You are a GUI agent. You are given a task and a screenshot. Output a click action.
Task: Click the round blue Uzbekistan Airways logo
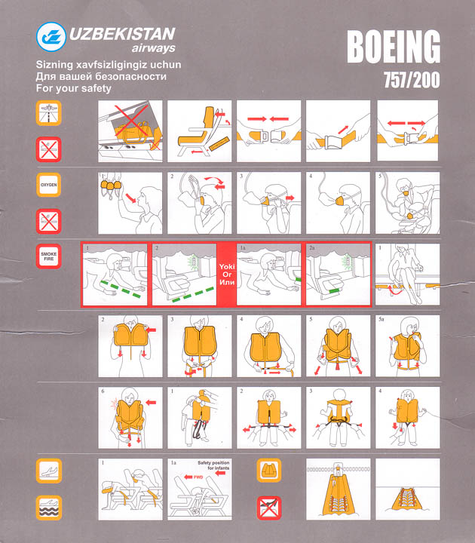(51, 37)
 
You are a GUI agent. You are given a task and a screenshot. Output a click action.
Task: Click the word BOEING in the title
(394, 47)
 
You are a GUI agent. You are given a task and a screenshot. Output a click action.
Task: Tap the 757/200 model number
(412, 80)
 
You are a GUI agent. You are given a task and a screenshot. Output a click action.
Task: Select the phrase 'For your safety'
(74, 88)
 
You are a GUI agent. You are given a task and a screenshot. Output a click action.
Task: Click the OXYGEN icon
(49, 185)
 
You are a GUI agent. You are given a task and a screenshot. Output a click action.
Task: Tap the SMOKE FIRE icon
(49, 256)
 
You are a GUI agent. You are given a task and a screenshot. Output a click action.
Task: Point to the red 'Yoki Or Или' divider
(227, 275)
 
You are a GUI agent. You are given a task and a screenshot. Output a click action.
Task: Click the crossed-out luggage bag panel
(130, 131)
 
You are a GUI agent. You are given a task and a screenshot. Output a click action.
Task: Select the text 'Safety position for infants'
(213, 465)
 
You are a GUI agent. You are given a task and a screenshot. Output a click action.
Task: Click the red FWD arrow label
(194, 477)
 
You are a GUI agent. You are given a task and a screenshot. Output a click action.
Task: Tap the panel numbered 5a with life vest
(407, 346)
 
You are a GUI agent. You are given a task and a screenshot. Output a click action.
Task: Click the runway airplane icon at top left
(49, 113)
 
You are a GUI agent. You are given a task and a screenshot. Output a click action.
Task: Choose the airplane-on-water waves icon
(49, 508)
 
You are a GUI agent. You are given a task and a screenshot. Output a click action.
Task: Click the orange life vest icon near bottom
(269, 471)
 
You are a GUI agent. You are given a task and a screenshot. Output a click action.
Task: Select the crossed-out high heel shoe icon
(269, 508)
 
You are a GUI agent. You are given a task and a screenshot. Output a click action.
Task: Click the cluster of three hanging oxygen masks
(111, 187)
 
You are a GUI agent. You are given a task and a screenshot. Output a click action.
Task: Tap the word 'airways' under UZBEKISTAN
(153, 48)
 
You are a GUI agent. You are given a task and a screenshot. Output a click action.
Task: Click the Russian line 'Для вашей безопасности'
(101, 76)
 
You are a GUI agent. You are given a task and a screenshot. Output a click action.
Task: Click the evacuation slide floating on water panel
(407, 489)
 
